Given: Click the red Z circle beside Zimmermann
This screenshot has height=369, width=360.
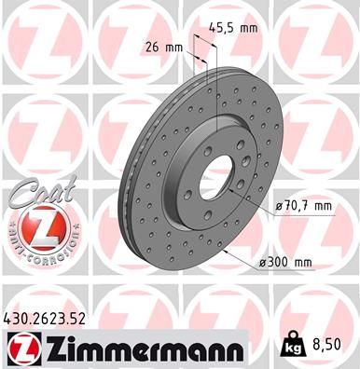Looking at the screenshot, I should point(23,349).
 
